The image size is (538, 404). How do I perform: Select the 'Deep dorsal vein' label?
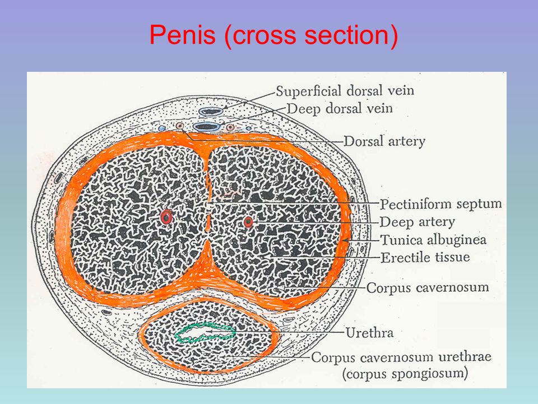point(340,108)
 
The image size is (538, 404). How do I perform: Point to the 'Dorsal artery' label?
point(384,141)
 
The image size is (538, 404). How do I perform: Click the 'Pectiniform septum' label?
point(440,203)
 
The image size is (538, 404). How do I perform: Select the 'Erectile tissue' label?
point(425,258)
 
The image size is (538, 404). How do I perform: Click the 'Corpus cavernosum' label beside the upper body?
point(427,288)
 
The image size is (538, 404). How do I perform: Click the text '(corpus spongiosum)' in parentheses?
point(391,372)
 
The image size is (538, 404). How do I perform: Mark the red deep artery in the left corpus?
point(166,217)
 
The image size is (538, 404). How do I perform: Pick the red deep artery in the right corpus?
point(248,222)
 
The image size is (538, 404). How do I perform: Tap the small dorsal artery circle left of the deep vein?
point(179,127)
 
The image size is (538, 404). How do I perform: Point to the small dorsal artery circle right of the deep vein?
point(230,128)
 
